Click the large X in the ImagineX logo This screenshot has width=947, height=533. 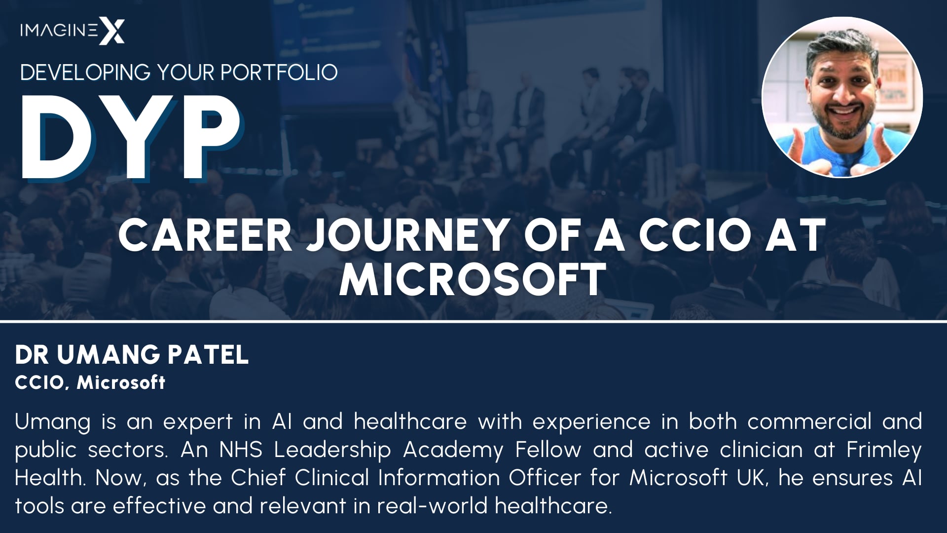tap(112, 31)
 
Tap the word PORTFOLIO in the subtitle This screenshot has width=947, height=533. tap(279, 73)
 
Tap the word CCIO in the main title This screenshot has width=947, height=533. tap(695, 235)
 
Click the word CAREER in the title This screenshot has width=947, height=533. tap(205, 235)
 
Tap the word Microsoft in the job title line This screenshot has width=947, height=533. tap(121, 382)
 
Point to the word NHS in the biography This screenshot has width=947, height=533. tap(241, 450)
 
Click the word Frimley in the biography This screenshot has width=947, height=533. tap(884, 450)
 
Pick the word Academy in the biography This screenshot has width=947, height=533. tap(453, 450)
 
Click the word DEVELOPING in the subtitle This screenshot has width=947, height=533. tap(85, 73)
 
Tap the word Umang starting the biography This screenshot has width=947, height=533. tap(52, 422)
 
